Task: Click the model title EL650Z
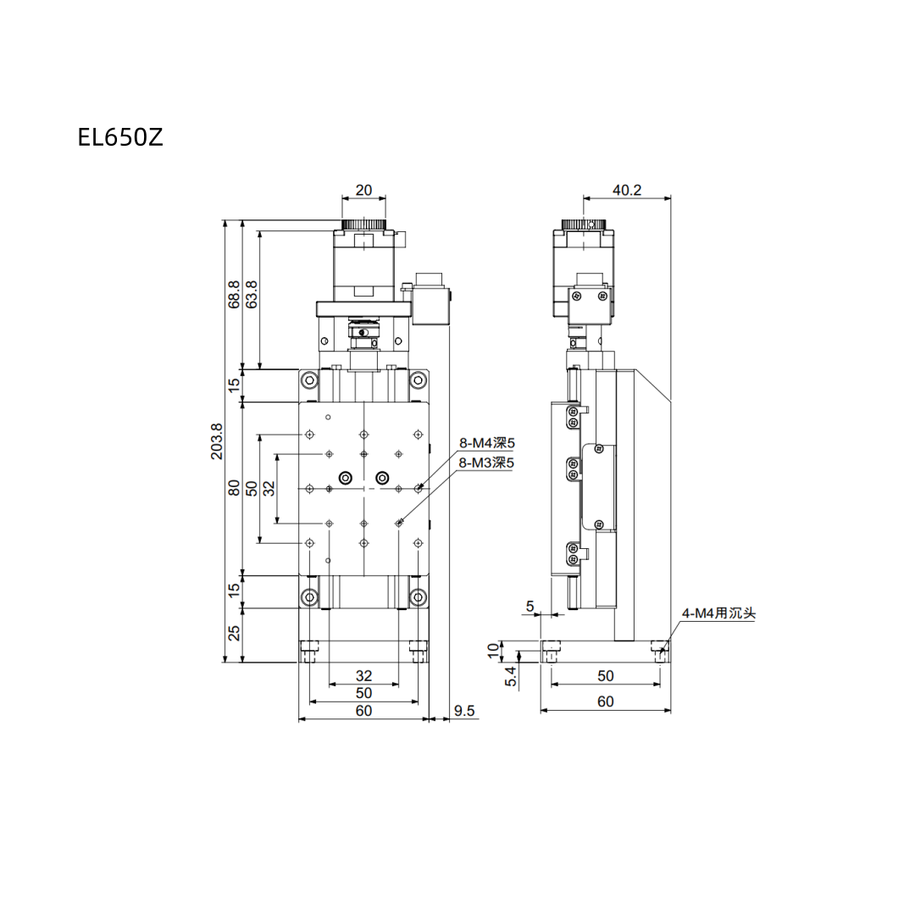tap(120, 137)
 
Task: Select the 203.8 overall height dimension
tap(217, 441)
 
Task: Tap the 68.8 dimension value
tap(234, 294)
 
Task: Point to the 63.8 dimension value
tap(252, 294)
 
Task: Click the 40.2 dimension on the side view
tap(627, 191)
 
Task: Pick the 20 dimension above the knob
tap(363, 191)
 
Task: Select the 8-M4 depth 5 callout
tap(486, 443)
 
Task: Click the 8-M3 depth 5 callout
tap(486, 463)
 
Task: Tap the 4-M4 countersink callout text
tap(719, 613)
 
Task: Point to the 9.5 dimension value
tap(464, 711)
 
